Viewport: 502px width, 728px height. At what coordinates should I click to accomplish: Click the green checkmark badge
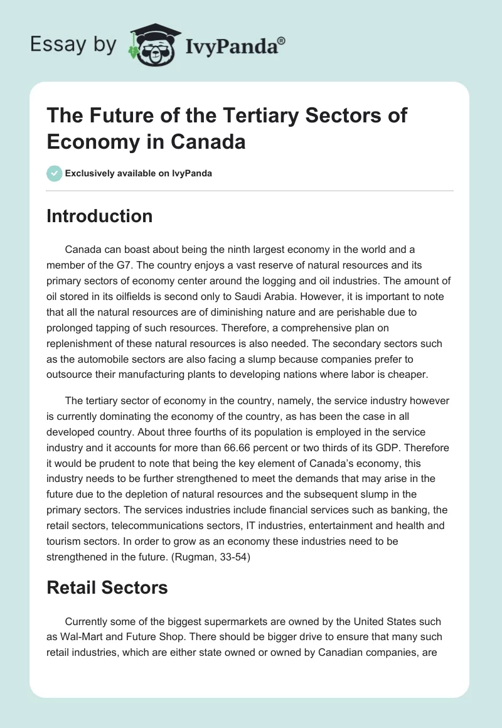[x=54, y=173]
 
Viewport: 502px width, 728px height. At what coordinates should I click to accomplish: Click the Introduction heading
[x=99, y=216]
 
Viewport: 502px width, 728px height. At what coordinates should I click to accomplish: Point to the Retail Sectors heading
[x=107, y=587]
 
